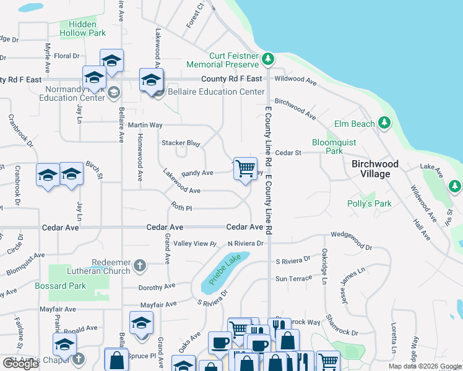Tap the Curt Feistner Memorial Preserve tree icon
267,60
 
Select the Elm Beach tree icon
385,123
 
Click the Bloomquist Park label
334,146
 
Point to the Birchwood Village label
375,169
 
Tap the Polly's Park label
374,203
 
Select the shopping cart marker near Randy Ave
246,168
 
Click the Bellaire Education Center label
207,92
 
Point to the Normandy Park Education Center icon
113,93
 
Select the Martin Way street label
145,125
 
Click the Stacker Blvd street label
181,143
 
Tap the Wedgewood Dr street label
351,247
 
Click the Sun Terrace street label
294,278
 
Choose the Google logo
20,364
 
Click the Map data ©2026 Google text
424,366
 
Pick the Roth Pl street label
182,208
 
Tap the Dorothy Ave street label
157,287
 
